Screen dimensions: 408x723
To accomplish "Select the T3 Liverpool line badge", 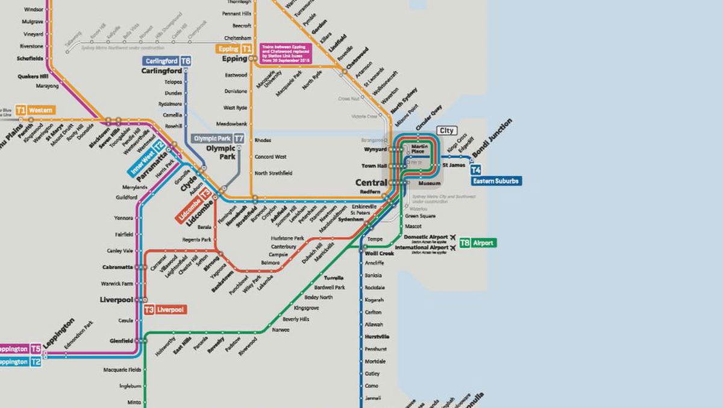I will pos(165,310).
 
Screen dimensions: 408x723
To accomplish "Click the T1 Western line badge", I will pos(35,110).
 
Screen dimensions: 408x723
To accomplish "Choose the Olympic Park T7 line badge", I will pos(218,138).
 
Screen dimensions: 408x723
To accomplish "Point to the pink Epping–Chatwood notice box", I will pos(285,54).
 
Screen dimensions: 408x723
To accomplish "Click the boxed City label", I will pos(446,130).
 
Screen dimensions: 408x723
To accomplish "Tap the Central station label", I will pos(371,182).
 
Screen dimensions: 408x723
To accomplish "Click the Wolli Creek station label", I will pos(380,253).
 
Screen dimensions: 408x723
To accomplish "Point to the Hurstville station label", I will pos(377,337).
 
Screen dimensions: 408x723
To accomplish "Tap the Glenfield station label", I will pos(121,341).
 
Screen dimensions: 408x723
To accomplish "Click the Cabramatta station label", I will pos(117,267).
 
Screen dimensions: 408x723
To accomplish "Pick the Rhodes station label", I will pos(263,140).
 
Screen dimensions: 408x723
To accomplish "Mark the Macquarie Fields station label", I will pos(122,369).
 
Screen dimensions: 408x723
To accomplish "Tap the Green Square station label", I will pos(419,216).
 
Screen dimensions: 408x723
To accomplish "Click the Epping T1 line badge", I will pos(236,48).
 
